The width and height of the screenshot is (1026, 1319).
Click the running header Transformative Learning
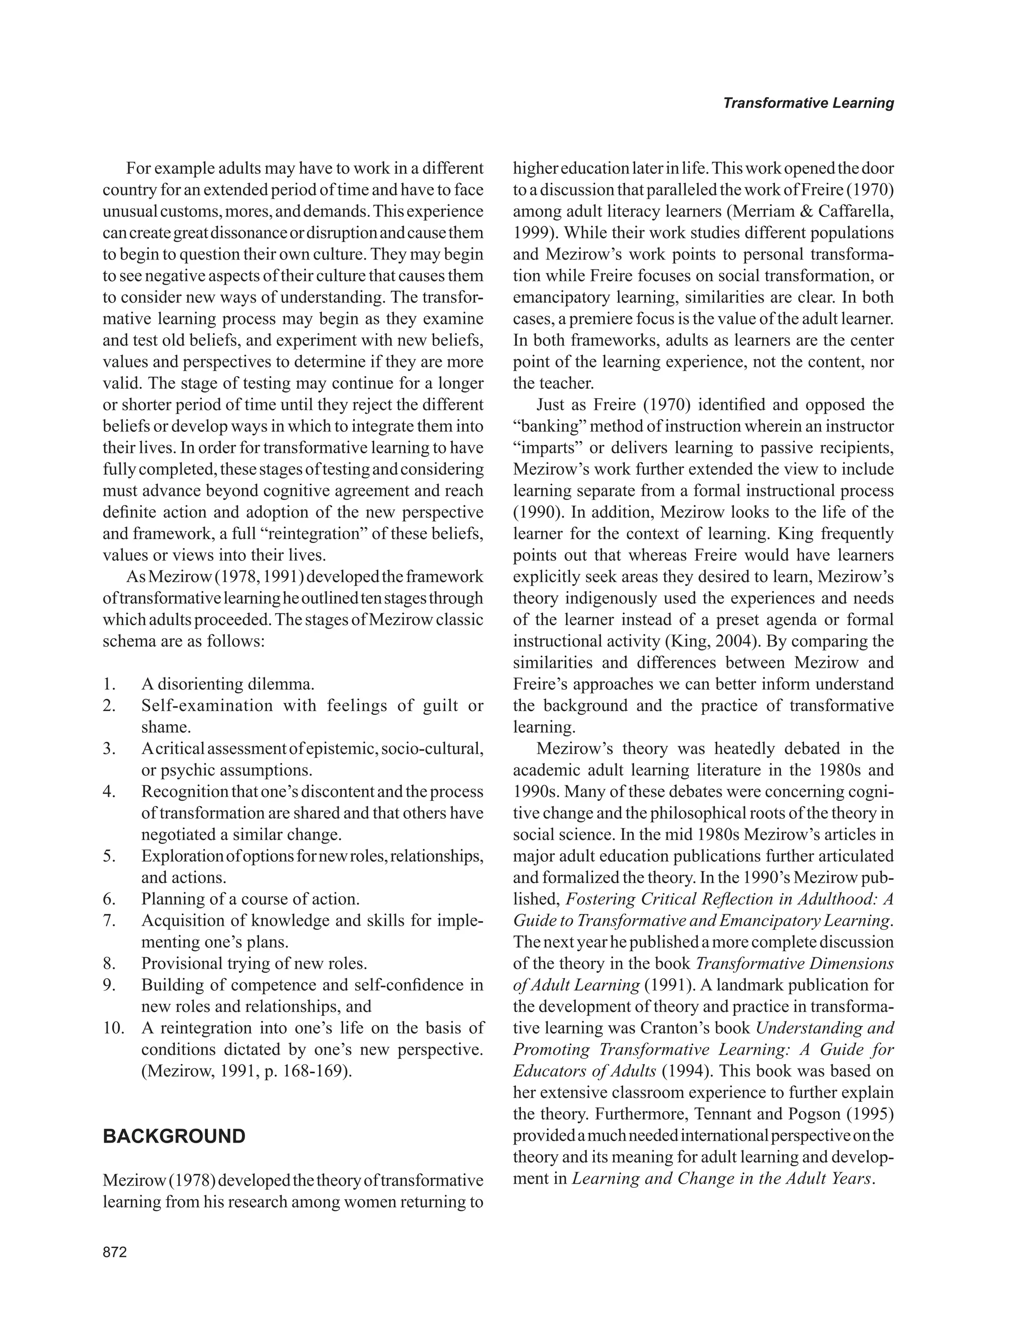coord(808,103)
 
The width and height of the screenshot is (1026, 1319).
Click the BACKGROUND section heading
coord(174,1137)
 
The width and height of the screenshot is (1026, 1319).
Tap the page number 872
coord(115,1252)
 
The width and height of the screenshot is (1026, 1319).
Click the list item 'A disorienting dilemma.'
coord(227,684)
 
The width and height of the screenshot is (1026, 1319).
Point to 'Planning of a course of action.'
coord(250,899)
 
